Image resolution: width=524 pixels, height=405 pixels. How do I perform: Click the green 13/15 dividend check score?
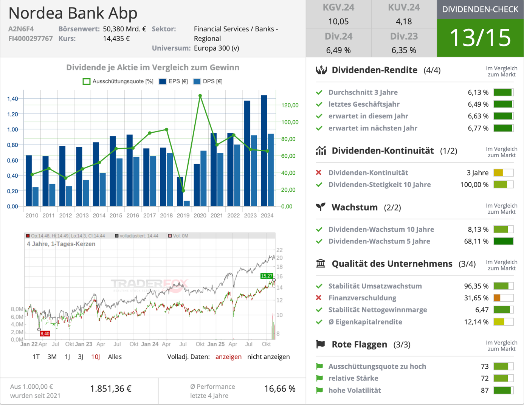pyautogui.click(x=480, y=38)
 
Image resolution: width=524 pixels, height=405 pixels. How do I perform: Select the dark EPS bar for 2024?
pyautogui.click(x=264, y=151)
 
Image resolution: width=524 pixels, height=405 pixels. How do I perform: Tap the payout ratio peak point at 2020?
pyautogui.click(x=200, y=96)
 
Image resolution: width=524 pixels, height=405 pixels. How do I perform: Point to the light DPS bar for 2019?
pyautogui.click(x=187, y=203)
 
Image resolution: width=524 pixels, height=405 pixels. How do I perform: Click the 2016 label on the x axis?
pyautogui.click(x=133, y=216)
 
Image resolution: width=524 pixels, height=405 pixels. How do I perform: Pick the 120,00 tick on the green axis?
pyautogui.click(x=290, y=105)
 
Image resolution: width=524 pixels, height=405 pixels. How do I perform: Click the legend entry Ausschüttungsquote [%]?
pyautogui.click(x=118, y=81)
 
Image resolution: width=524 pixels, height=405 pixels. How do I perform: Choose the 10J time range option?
pyautogui.click(x=95, y=357)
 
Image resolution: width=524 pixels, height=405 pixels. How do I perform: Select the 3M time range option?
pyautogui.click(x=52, y=357)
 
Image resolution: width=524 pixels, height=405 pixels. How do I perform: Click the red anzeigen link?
pyautogui.click(x=228, y=357)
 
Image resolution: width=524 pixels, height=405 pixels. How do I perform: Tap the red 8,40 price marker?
pyautogui.click(x=45, y=334)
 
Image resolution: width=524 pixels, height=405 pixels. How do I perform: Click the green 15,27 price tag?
pyautogui.click(x=267, y=276)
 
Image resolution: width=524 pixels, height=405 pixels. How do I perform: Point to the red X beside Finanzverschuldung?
pyautogui.click(x=319, y=298)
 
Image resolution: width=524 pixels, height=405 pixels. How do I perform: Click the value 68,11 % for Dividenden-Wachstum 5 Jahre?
pyautogui.click(x=476, y=241)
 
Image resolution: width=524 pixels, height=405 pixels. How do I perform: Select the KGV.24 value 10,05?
pyautogui.click(x=338, y=22)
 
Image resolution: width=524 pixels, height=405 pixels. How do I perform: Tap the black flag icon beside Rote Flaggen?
pyautogui.click(x=321, y=344)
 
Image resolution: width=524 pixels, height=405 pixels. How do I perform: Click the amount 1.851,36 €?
pyautogui.click(x=111, y=389)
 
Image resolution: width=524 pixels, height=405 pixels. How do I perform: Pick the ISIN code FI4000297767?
pyautogui.click(x=31, y=39)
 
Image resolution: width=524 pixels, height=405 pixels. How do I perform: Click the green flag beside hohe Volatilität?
pyautogui.click(x=319, y=390)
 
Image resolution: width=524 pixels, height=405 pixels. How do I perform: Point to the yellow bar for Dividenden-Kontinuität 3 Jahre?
pyautogui.click(x=498, y=173)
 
